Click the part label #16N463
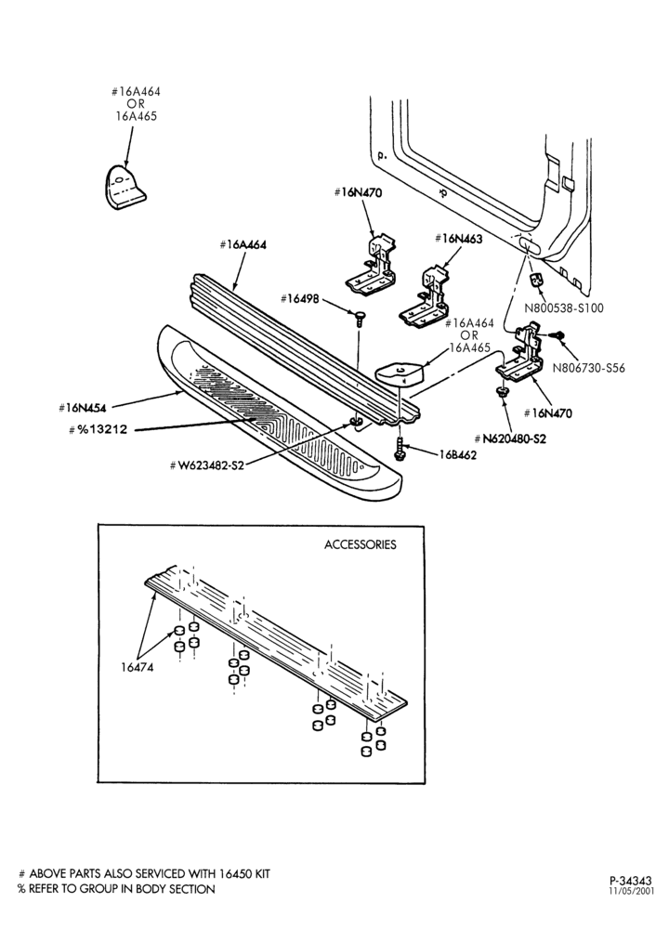[458, 239]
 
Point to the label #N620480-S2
[510, 438]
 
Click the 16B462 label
[457, 455]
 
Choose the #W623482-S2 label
[207, 465]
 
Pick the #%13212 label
[98, 429]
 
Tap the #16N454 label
[82, 407]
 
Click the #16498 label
[299, 298]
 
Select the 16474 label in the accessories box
[137, 667]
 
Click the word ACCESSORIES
[361, 544]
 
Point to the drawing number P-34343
[631, 881]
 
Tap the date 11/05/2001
[632, 891]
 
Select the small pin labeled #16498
[359, 319]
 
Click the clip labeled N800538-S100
[536, 280]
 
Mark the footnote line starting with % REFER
[116, 889]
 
